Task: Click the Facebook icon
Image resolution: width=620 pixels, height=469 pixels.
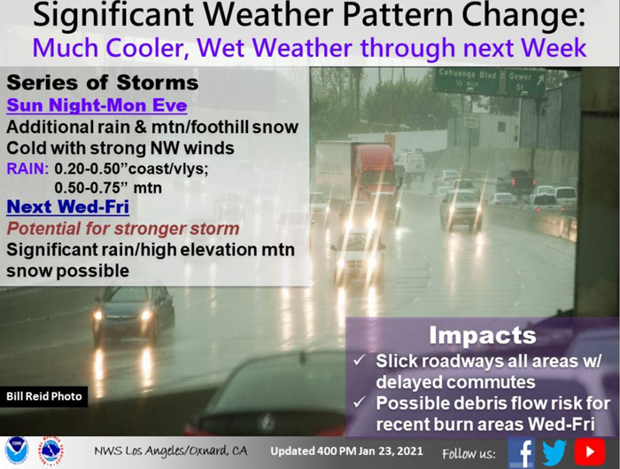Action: (521, 452)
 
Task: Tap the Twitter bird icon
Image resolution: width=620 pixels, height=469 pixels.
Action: (554, 452)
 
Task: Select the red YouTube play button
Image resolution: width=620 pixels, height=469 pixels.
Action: (590, 451)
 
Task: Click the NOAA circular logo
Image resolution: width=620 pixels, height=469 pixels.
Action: (17, 451)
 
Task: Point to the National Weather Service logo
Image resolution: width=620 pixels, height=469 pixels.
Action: (50, 451)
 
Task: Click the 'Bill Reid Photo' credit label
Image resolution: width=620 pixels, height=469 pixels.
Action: (44, 396)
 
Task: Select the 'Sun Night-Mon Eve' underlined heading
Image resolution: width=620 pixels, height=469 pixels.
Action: (97, 106)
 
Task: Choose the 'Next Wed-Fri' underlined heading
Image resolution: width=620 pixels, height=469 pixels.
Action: (68, 207)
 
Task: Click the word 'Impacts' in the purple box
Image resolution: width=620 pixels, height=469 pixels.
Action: (483, 335)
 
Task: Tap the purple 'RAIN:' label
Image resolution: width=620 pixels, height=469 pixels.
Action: (27, 169)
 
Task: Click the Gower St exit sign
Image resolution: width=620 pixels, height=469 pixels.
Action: (524, 82)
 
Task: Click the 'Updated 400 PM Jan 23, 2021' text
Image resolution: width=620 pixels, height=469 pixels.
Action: (347, 451)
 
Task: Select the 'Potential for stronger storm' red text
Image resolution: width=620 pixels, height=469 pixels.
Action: (123, 229)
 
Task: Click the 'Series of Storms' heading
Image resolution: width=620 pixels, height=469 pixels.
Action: (103, 82)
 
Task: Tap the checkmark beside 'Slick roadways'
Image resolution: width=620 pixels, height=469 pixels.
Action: (360, 361)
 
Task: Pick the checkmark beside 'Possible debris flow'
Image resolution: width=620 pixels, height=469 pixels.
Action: (360, 403)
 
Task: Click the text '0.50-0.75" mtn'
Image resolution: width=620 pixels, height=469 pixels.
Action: (108, 188)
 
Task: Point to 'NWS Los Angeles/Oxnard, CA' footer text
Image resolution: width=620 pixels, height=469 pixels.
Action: (170, 451)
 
